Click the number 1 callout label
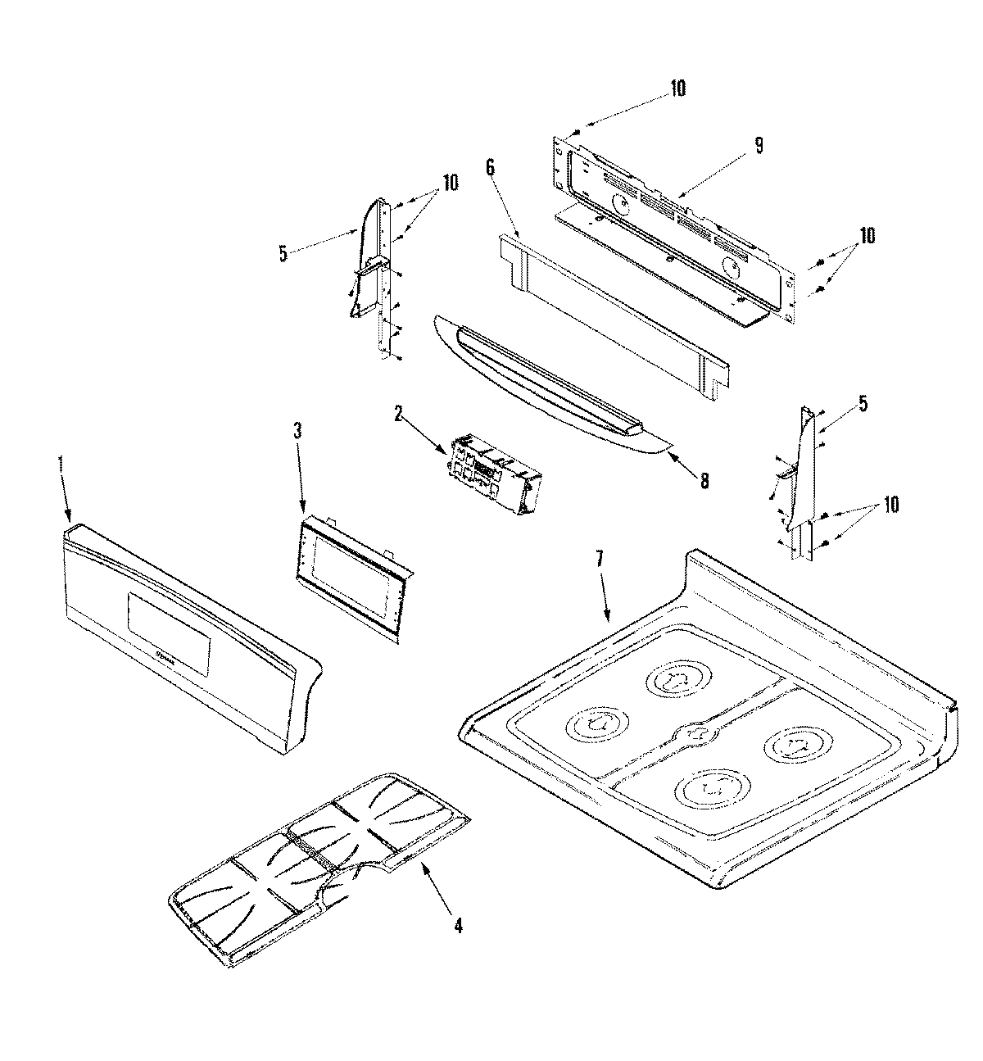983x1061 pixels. tap(60, 463)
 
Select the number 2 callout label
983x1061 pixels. tap(398, 415)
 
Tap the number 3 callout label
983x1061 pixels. tap(297, 433)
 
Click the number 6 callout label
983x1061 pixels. tap(490, 168)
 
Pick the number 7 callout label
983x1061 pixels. tap(599, 560)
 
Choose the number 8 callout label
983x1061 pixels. tap(704, 481)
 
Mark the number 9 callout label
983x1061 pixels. tap(759, 146)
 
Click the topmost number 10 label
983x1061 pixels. tap(678, 88)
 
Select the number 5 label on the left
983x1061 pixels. tap(283, 254)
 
